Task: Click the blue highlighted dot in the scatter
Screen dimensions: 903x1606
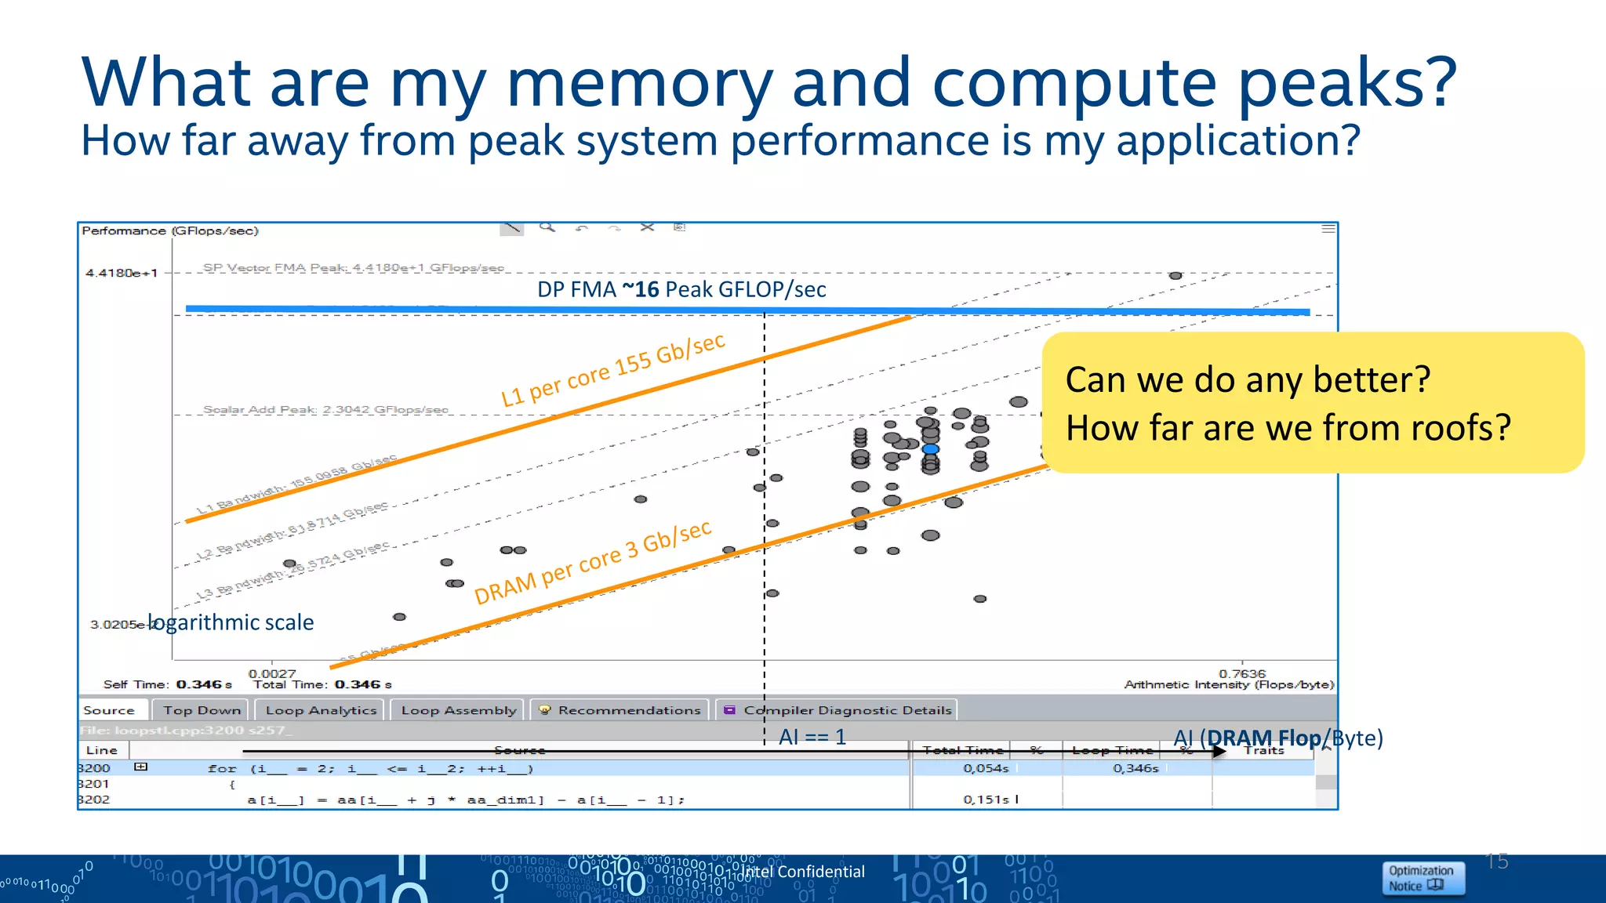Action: coord(930,449)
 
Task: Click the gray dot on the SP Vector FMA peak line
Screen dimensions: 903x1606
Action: coord(1175,276)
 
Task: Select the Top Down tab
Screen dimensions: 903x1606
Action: coord(202,710)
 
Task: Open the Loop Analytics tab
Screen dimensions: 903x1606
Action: coord(321,710)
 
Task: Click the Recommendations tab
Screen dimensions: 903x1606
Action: coord(620,710)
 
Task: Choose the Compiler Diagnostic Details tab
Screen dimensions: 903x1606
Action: coord(838,710)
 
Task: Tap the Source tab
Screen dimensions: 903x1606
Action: coord(109,710)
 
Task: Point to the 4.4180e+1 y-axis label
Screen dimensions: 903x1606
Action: coord(122,273)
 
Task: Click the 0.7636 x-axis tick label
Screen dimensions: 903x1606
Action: coord(1242,673)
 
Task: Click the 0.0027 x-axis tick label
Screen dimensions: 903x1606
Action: coord(272,673)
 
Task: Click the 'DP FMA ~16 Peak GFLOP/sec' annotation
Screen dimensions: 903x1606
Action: coord(681,289)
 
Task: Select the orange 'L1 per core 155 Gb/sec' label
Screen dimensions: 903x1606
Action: coord(613,369)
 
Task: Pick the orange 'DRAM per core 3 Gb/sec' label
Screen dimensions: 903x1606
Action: coord(593,562)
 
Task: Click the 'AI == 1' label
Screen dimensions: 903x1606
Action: coord(812,737)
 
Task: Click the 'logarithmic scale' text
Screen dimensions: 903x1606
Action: coord(232,622)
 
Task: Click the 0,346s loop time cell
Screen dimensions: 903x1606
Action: coord(1135,768)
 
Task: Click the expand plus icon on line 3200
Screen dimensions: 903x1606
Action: coord(140,767)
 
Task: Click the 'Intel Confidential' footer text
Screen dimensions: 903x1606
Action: coord(803,872)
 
